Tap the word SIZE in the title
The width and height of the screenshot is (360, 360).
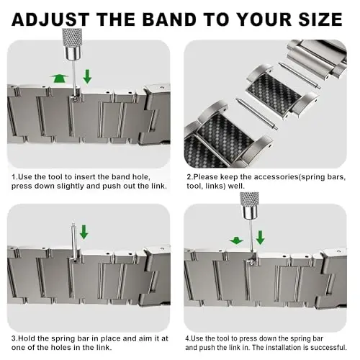[320, 19]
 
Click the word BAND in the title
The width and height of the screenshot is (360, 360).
[171, 19]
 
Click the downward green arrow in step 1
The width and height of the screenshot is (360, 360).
[87, 76]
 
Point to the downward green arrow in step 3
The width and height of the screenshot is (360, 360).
[84, 232]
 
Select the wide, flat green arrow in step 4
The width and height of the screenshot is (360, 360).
[236, 240]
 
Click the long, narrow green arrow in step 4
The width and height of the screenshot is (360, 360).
[260, 238]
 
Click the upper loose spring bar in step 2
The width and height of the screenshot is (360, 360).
[300, 76]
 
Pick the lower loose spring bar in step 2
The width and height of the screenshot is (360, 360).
[257, 114]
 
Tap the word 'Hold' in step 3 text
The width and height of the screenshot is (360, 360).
[26, 338]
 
